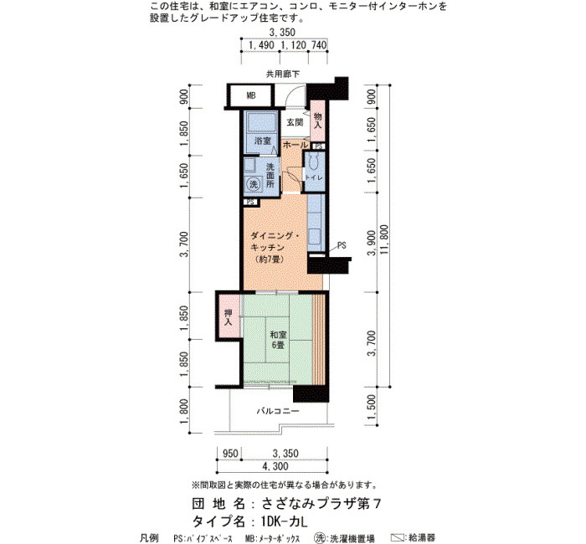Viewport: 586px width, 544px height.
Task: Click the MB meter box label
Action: tap(251, 96)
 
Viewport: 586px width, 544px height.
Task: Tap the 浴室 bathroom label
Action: tap(263, 141)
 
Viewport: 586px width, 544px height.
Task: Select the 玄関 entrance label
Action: tap(295, 122)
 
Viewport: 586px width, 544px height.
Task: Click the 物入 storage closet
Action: tap(317, 121)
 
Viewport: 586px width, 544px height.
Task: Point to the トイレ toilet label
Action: tap(314, 177)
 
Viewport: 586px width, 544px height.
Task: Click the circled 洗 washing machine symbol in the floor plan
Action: tap(254, 184)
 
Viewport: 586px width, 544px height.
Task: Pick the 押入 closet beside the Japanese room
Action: tap(229, 317)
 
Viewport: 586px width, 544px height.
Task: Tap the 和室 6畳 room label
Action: tap(278, 340)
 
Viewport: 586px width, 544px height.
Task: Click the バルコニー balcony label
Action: tap(278, 412)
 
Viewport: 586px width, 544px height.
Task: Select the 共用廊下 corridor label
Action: tap(283, 74)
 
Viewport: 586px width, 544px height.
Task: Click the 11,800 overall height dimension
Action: tap(383, 239)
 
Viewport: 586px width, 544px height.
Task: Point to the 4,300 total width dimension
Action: tap(275, 466)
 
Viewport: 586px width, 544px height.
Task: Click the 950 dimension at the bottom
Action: tap(230, 454)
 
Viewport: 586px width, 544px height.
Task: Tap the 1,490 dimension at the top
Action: tap(261, 45)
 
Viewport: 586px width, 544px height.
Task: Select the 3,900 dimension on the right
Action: tap(371, 243)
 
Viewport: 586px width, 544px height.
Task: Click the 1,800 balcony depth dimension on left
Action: tap(184, 411)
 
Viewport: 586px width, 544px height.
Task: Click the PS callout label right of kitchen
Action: tap(342, 245)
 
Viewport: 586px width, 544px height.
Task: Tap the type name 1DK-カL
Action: tap(285, 521)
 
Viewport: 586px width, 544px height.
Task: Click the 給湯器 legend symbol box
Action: tap(398, 538)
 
